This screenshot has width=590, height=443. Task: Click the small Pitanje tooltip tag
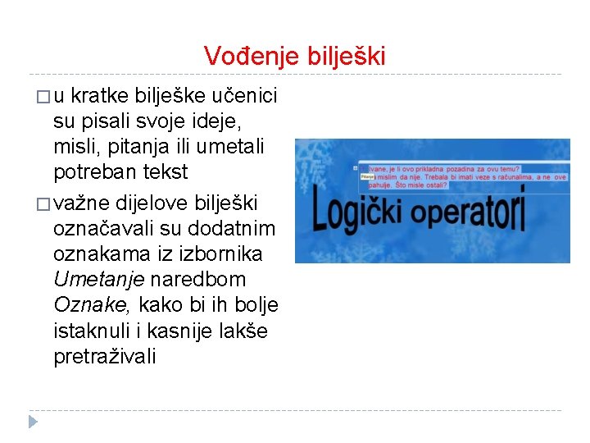tap(367, 176)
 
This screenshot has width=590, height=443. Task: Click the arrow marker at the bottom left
tap(34, 422)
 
